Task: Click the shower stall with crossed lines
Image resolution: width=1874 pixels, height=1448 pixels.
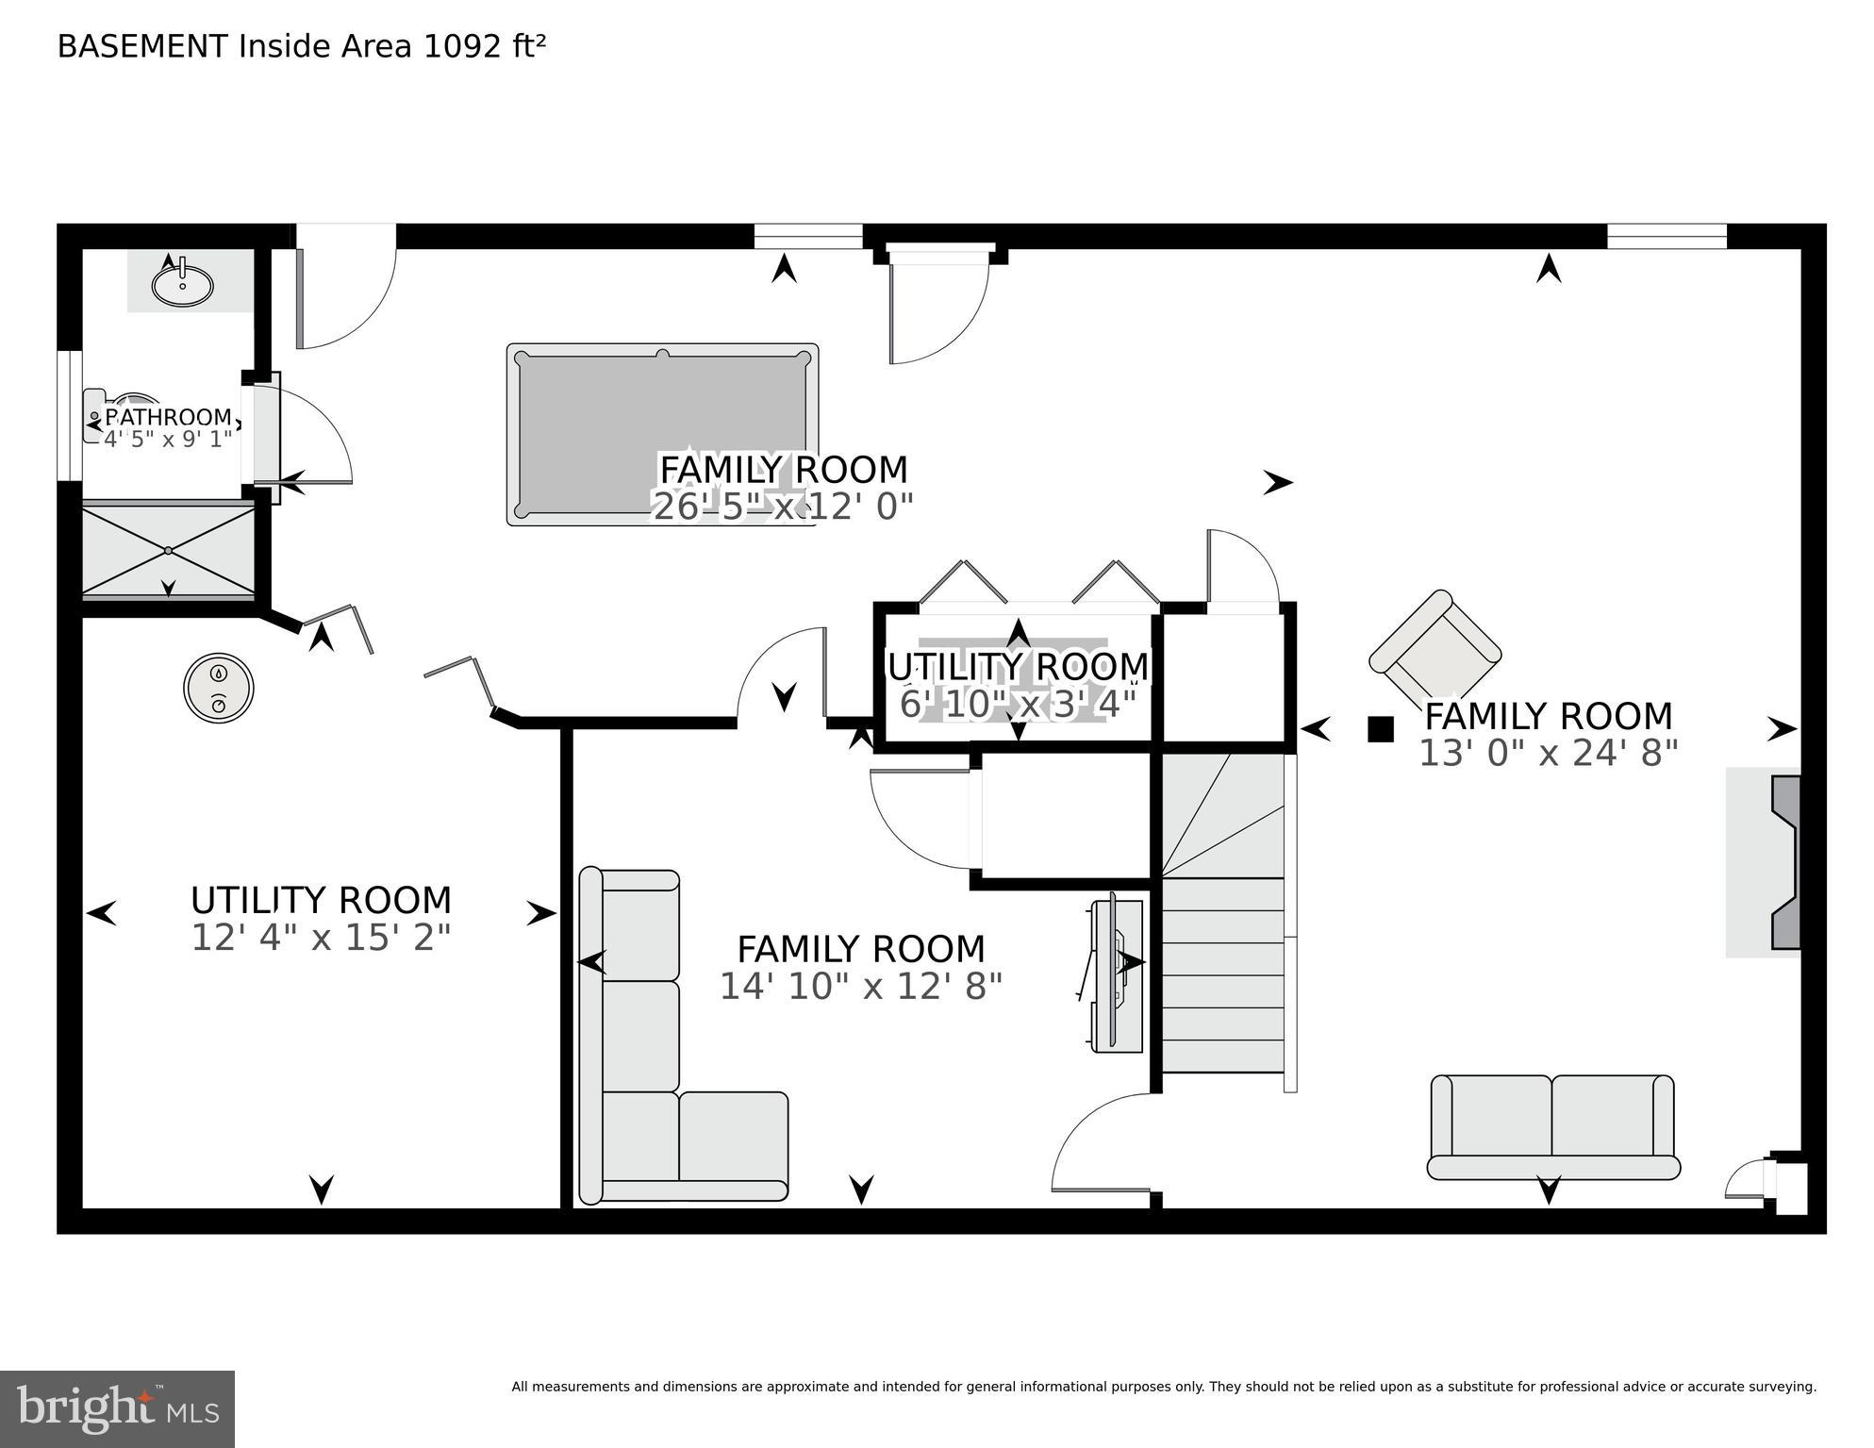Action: tap(168, 551)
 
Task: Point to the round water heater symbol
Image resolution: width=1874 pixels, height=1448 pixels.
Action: tap(219, 689)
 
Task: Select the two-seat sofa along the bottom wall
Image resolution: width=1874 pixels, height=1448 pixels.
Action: tap(1552, 1127)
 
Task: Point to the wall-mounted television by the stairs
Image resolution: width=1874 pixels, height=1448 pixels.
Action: tap(1115, 975)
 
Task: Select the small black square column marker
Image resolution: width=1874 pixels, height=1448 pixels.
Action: tap(1381, 729)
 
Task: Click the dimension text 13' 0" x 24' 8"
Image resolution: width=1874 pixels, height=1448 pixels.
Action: tap(1549, 754)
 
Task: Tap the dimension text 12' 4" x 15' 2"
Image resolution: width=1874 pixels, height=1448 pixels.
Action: tap(321, 938)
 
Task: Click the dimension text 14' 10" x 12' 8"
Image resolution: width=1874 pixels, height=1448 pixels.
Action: tap(860, 987)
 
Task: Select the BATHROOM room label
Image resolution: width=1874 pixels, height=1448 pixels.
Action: tap(168, 417)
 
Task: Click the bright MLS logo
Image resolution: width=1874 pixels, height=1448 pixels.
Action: tap(117, 1409)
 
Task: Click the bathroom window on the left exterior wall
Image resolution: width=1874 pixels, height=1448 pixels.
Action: tap(70, 416)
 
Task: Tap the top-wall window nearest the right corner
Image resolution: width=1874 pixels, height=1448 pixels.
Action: tap(1667, 236)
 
